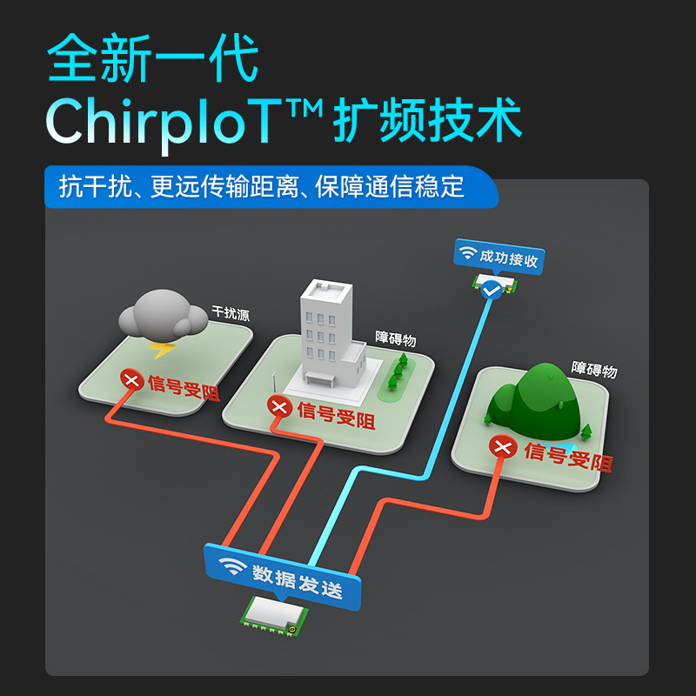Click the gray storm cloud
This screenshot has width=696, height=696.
coord(160,315)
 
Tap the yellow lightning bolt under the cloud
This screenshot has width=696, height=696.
coord(163,350)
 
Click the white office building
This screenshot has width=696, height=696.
coord(330,335)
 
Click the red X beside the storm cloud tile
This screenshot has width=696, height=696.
coord(131,379)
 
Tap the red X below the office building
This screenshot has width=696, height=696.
coord(278,406)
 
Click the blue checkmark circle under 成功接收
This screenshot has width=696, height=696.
coord(492,290)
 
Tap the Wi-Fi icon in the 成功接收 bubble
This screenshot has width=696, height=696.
coord(468,254)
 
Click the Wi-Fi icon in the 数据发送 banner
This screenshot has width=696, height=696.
coord(231,566)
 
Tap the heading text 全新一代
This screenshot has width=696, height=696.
coord(153,58)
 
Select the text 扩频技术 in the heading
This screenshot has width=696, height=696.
coord(427,122)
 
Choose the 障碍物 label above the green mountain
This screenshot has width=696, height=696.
coord(594,370)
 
